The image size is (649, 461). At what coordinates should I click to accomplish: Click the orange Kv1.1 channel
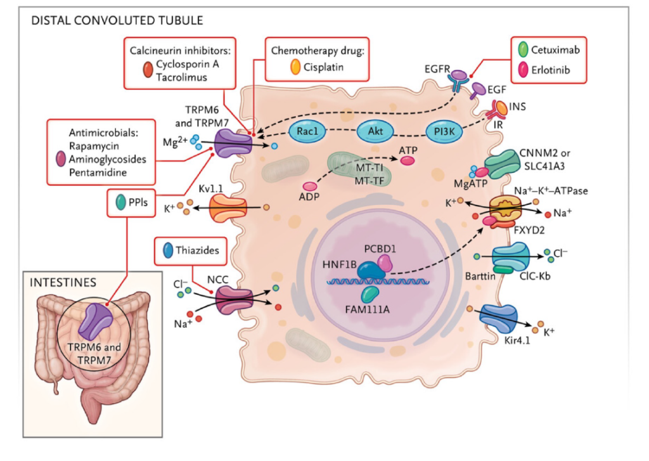click(x=228, y=208)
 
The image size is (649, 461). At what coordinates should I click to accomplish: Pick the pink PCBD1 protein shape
click(x=387, y=261)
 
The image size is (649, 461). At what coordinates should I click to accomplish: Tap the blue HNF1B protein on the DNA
click(x=369, y=271)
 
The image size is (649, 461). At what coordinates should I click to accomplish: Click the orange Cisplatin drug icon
click(x=295, y=67)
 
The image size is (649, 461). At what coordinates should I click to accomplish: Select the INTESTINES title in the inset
click(x=61, y=280)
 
